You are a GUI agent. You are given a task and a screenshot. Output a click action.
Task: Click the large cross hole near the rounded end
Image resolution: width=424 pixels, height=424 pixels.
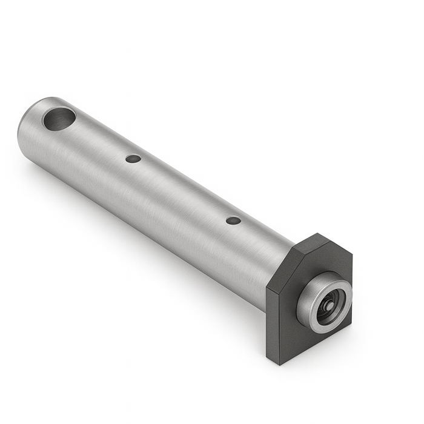[59, 118]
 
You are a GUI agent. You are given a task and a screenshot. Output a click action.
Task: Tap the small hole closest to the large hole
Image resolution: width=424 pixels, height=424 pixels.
[133, 159]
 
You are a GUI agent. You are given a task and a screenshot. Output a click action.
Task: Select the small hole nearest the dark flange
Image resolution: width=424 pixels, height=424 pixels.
[233, 220]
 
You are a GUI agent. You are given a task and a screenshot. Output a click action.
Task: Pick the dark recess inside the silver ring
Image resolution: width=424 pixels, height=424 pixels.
[332, 303]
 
